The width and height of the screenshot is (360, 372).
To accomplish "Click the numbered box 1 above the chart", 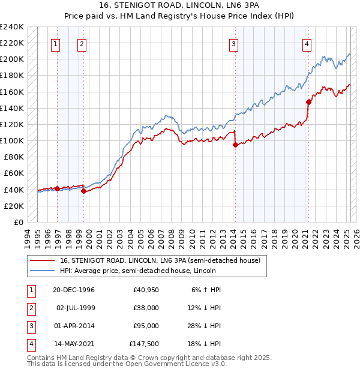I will pyautogui.click(x=56, y=43).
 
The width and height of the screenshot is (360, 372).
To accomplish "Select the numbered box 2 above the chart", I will pyautogui.click(x=81, y=43).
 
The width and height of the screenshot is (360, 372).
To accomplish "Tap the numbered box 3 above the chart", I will pyautogui.click(x=233, y=43).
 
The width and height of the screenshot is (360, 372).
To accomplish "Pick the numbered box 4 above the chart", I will pyautogui.click(x=307, y=43).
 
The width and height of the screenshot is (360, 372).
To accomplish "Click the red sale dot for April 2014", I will pyautogui.click(x=236, y=144).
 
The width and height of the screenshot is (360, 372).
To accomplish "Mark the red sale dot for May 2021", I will pyautogui.click(x=308, y=101).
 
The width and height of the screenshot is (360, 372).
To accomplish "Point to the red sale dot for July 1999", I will pyautogui.click(x=84, y=191).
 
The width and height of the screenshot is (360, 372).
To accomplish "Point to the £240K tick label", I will pyautogui.click(x=11, y=27).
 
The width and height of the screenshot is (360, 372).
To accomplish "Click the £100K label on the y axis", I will pyautogui.click(x=11, y=140).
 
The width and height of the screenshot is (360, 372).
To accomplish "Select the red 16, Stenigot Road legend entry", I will pyautogui.click(x=160, y=260).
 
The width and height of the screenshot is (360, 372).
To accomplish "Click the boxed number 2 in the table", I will pyautogui.click(x=30, y=308).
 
